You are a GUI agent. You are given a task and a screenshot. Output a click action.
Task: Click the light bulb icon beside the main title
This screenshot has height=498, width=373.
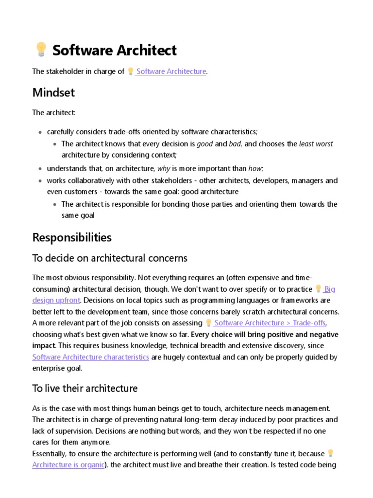click(40, 50)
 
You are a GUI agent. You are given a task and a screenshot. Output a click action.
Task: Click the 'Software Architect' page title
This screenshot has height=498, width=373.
click(114, 50)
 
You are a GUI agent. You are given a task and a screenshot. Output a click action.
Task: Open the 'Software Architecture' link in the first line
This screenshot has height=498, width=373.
click(171, 71)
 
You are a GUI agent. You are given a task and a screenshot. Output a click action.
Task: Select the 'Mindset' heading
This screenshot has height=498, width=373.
click(53, 92)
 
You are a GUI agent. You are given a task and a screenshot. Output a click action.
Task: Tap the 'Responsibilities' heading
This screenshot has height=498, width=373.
click(72, 237)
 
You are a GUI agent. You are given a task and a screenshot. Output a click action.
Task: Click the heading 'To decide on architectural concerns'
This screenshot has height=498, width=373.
click(110, 258)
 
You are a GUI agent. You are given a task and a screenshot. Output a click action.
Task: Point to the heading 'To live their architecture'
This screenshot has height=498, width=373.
click(85, 388)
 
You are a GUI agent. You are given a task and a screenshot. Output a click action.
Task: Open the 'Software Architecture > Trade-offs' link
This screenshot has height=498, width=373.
click(270, 323)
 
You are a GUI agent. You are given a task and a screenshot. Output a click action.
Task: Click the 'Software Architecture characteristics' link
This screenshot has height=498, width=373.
click(91, 357)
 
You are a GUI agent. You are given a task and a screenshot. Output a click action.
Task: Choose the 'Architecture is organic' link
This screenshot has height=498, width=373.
click(68, 464)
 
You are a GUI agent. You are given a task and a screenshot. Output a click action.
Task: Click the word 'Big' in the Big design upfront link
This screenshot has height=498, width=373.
click(330, 289)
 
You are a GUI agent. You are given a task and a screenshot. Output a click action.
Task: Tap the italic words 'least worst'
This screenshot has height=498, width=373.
click(316, 144)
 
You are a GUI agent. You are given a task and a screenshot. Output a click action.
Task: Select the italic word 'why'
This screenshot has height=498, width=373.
click(164, 169)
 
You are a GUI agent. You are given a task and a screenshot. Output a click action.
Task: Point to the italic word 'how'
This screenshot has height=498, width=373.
click(255, 169)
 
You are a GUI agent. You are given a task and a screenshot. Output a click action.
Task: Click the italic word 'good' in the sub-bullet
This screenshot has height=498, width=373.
click(204, 144)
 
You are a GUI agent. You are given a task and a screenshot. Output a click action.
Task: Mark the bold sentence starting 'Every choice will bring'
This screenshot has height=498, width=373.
click(265, 335)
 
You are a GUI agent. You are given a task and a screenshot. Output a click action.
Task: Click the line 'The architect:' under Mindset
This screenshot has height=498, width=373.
click(54, 113)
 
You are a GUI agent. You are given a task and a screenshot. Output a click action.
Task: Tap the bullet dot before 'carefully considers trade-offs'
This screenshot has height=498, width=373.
click(40, 132)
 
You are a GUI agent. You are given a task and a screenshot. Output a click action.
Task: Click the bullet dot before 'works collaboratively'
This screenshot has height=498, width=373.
click(40, 181)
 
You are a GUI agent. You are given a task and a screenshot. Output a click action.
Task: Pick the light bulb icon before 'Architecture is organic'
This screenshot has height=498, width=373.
click(331, 453)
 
